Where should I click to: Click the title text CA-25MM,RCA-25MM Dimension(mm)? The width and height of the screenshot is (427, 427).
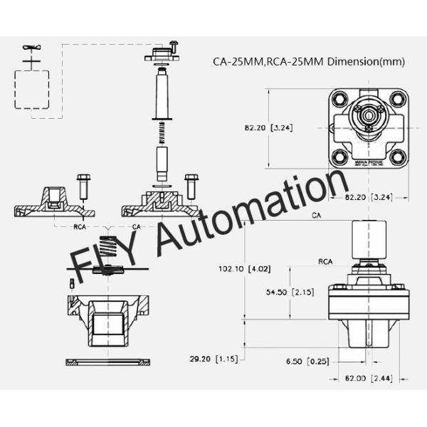pyautogui.click(x=309, y=61)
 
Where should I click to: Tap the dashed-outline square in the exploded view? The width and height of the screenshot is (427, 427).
pyautogui.click(x=31, y=89)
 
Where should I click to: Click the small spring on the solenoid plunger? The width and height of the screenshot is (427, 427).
pyautogui.click(x=162, y=132)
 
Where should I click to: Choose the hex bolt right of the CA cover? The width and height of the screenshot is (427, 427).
pyautogui.click(x=191, y=186)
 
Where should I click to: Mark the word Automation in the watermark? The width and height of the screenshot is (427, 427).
pyautogui.click(x=235, y=213)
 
